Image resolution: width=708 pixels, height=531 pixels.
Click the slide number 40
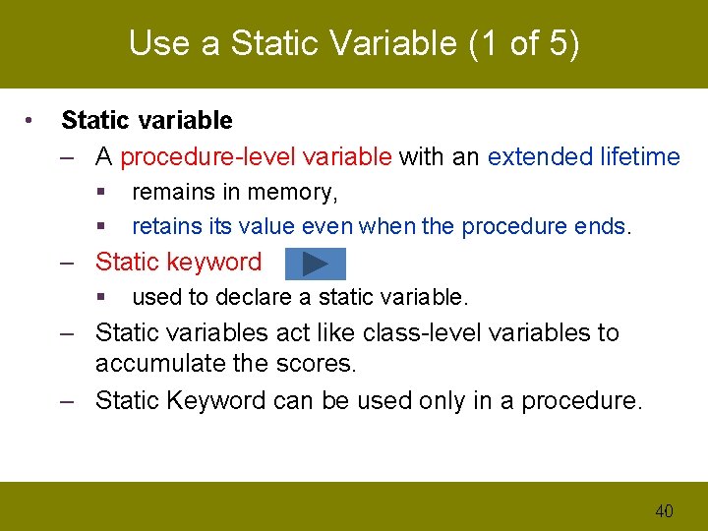pos(664,510)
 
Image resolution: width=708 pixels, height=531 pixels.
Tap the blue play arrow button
pos(315,264)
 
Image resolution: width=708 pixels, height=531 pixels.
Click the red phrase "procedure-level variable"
pos(256,156)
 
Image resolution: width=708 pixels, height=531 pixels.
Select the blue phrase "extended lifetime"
pos(583,156)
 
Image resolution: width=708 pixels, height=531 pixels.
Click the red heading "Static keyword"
pos(178,262)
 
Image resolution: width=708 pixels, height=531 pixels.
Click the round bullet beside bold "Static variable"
pos(31,121)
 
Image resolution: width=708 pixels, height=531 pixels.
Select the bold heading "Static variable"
pos(147,121)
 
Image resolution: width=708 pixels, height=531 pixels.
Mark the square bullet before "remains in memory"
pos(100,193)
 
